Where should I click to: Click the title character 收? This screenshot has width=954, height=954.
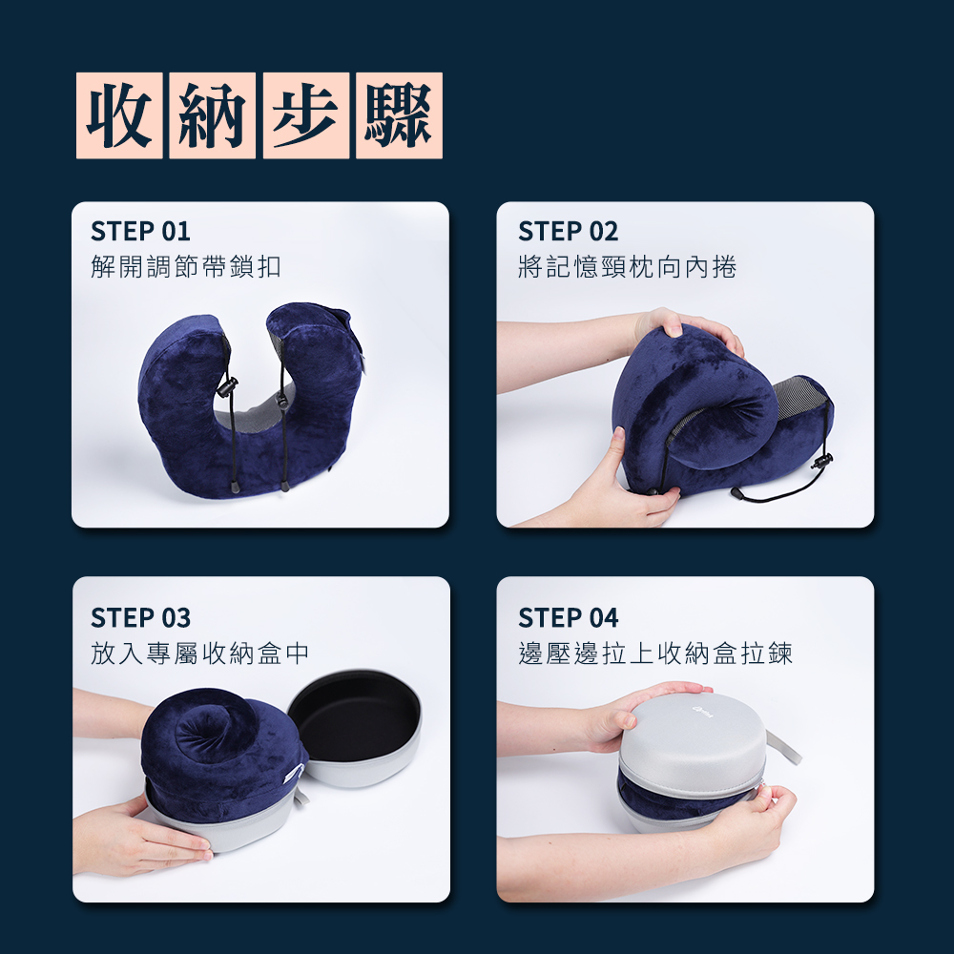(119, 115)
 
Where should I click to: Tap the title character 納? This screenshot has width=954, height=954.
(213, 115)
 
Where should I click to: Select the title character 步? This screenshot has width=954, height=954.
(306, 115)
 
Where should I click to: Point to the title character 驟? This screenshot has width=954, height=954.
(399, 115)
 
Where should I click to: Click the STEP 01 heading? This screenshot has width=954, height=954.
(140, 231)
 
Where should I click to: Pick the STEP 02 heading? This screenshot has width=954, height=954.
(569, 231)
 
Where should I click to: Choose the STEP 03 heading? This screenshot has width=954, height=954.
(140, 617)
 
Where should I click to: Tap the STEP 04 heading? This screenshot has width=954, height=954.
(569, 617)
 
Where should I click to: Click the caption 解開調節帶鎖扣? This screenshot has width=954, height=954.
(186, 266)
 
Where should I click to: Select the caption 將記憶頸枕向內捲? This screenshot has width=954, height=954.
(628, 266)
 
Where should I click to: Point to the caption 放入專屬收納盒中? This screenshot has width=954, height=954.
(199, 653)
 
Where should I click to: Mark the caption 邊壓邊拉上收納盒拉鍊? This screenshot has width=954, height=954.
(655, 653)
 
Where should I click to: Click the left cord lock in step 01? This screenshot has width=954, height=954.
(228, 386)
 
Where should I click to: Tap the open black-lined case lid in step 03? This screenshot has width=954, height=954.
(355, 727)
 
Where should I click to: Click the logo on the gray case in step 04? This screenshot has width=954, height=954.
(703, 711)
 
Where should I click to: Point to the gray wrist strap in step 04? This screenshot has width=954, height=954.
(784, 748)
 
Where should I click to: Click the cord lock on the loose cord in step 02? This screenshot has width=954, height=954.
(822, 461)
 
